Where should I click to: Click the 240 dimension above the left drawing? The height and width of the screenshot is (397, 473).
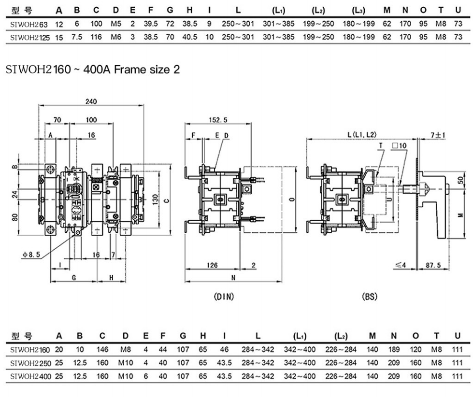tap(91, 101)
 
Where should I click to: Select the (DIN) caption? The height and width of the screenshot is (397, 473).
tap(224, 297)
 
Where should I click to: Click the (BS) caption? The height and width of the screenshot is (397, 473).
tap(370, 297)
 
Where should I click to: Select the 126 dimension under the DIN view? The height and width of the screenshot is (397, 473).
tap(212, 265)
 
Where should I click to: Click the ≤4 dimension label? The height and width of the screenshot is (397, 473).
tap(400, 265)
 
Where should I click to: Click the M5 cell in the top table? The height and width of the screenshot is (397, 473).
tap(115, 23)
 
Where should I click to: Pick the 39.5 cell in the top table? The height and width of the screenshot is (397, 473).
tap(151, 23)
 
